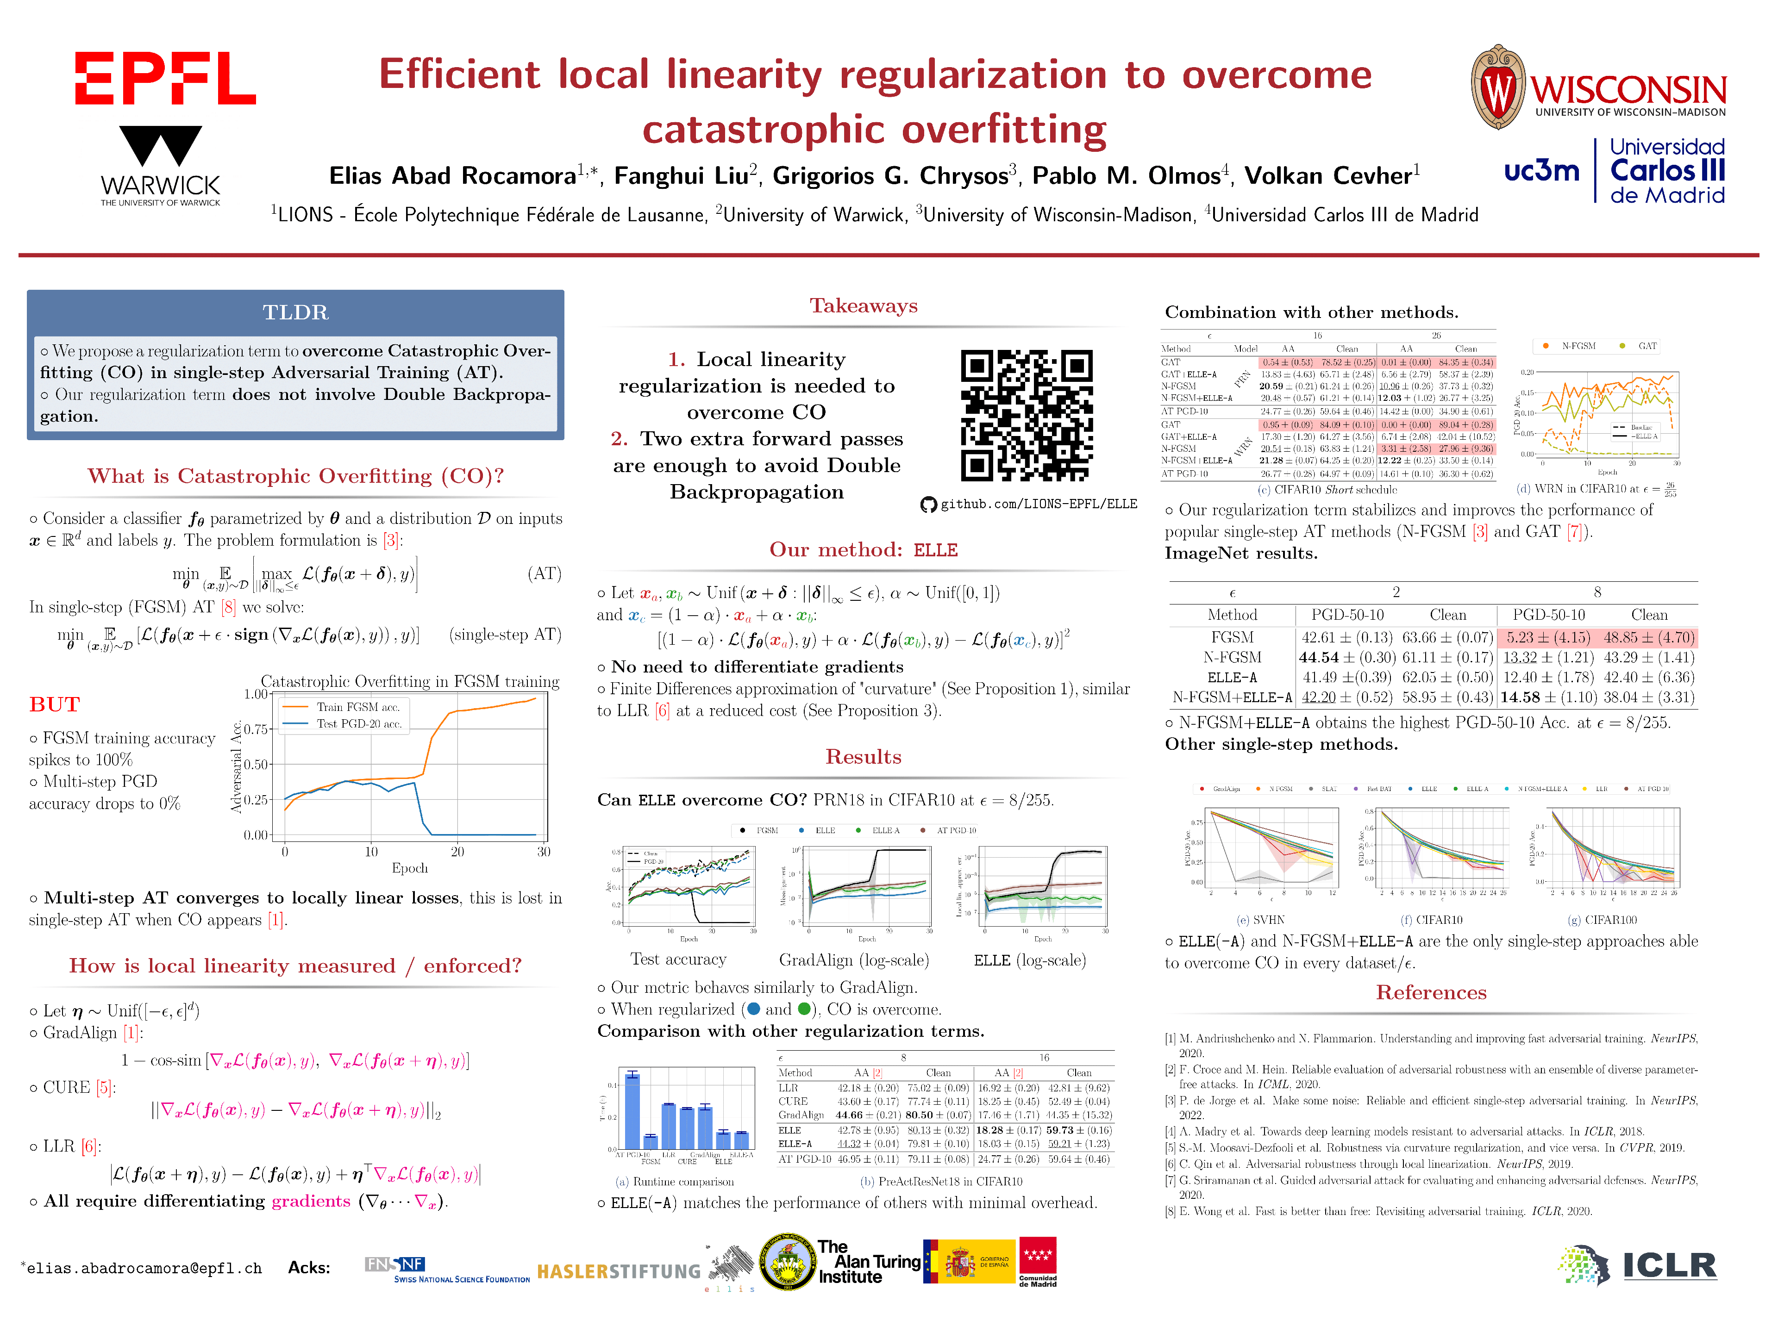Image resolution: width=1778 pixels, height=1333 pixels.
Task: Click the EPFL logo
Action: point(165,78)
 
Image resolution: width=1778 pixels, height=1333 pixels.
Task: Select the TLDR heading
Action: point(295,312)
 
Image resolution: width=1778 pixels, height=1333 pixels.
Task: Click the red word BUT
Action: point(55,704)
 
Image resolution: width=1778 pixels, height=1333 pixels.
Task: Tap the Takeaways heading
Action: point(863,305)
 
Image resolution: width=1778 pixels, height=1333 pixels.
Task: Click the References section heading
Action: point(1431,992)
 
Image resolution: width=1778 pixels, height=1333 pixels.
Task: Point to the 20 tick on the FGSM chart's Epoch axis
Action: point(457,852)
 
